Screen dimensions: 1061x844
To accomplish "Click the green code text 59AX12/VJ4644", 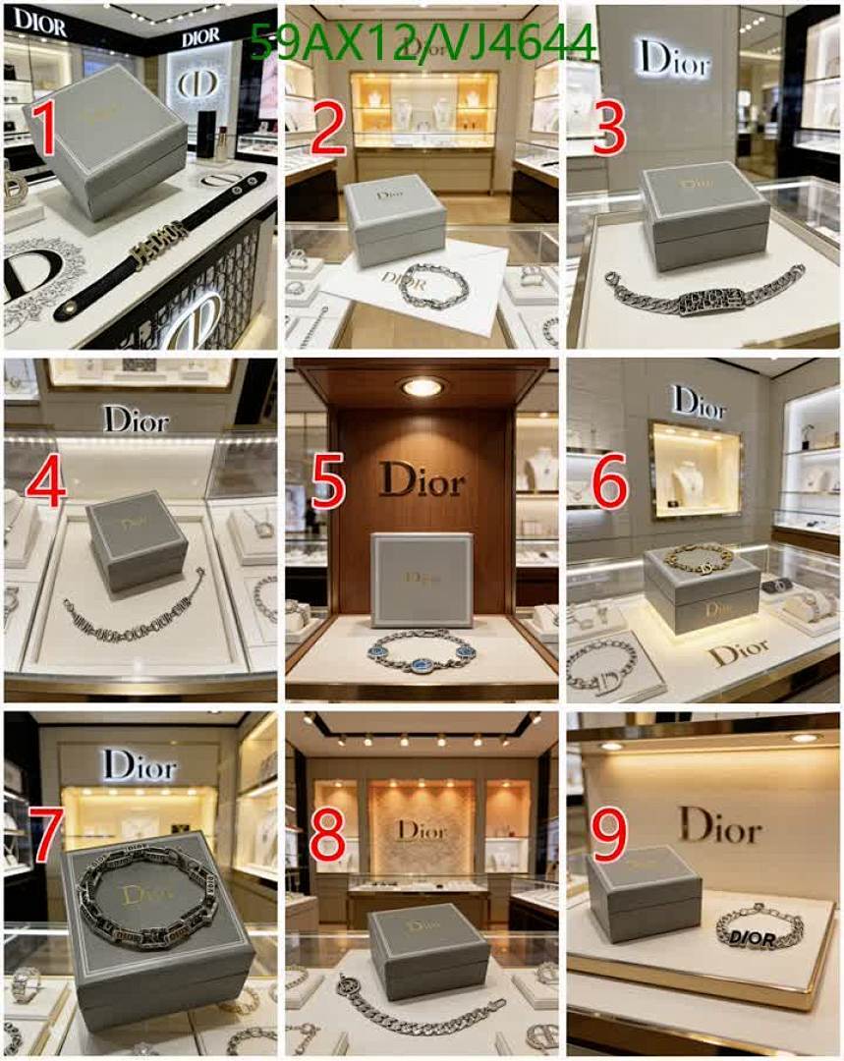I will coord(422,43).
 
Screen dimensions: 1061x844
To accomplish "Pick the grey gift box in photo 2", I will coord(395,221).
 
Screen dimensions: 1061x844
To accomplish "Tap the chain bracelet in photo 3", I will coord(705,293).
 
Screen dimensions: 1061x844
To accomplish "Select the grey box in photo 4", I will coord(137,538).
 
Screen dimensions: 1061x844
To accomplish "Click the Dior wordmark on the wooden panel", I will coord(422,480).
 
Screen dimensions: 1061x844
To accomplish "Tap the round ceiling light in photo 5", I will coord(422,387).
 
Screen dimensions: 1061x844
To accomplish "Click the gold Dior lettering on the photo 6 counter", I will coord(739,651).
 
